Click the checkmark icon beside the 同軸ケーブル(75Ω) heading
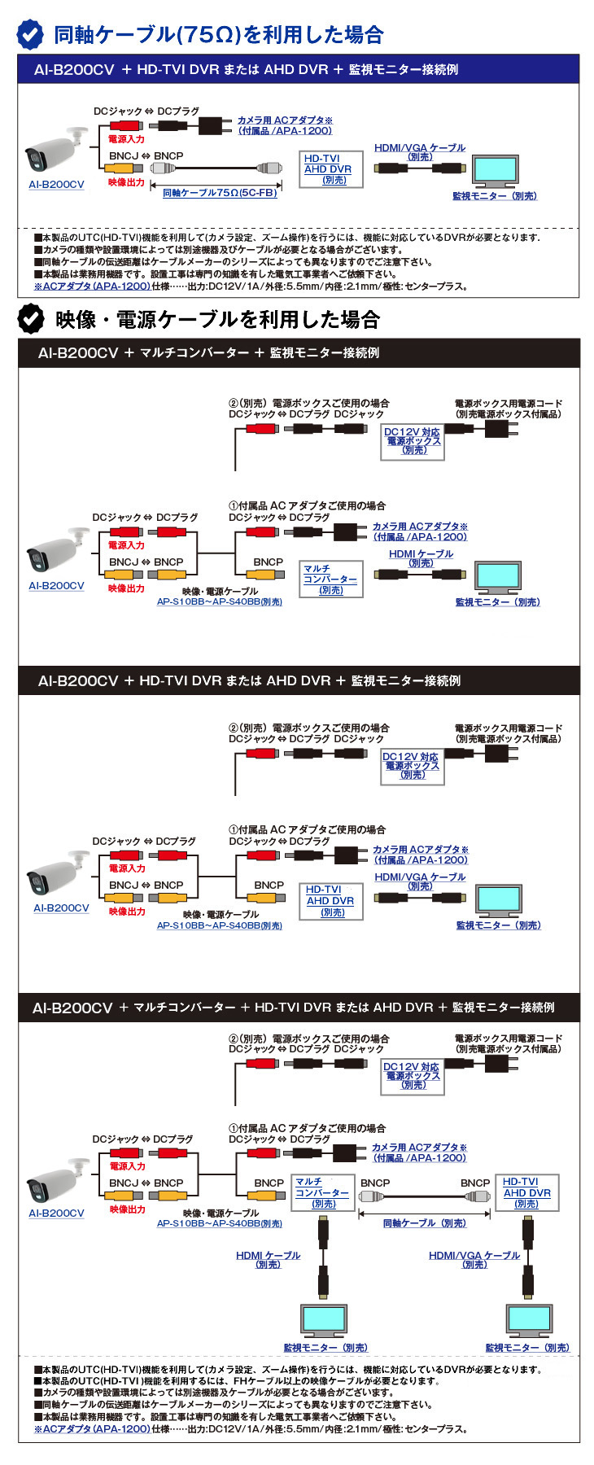pyautogui.click(x=31, y=34)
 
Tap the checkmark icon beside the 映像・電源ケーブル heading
pyautogui.click(x=31, y=319)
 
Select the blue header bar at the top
pyautogui.click(x=299, y=70)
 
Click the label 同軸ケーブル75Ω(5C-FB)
pyautogui.click(x=220, y=193)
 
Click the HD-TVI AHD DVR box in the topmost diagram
pyautogui.click(x=330, y=169)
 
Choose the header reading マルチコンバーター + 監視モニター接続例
pyautogui.click(x=299, y=353)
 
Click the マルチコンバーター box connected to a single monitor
pyautogui.click(x=330, y=579)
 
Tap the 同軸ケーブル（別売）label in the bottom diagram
pyautogui.click(x=424, y=1223)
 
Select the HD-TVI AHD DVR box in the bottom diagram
pyautogui.click(x=526, y=1192)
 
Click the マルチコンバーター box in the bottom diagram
pyautogui.click(x=323, y=1192)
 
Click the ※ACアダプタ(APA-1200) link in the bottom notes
pyautogui.click(x=92, y=1428)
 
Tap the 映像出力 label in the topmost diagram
pyautogui.click(x=126, y=182)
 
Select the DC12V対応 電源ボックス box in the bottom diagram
pyautogui.click(x=413, y=1076)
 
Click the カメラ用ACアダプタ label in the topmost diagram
pyautogui.click(x=284, y=125)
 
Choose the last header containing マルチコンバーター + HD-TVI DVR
pyautogui.click(x=299, y=1008)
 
